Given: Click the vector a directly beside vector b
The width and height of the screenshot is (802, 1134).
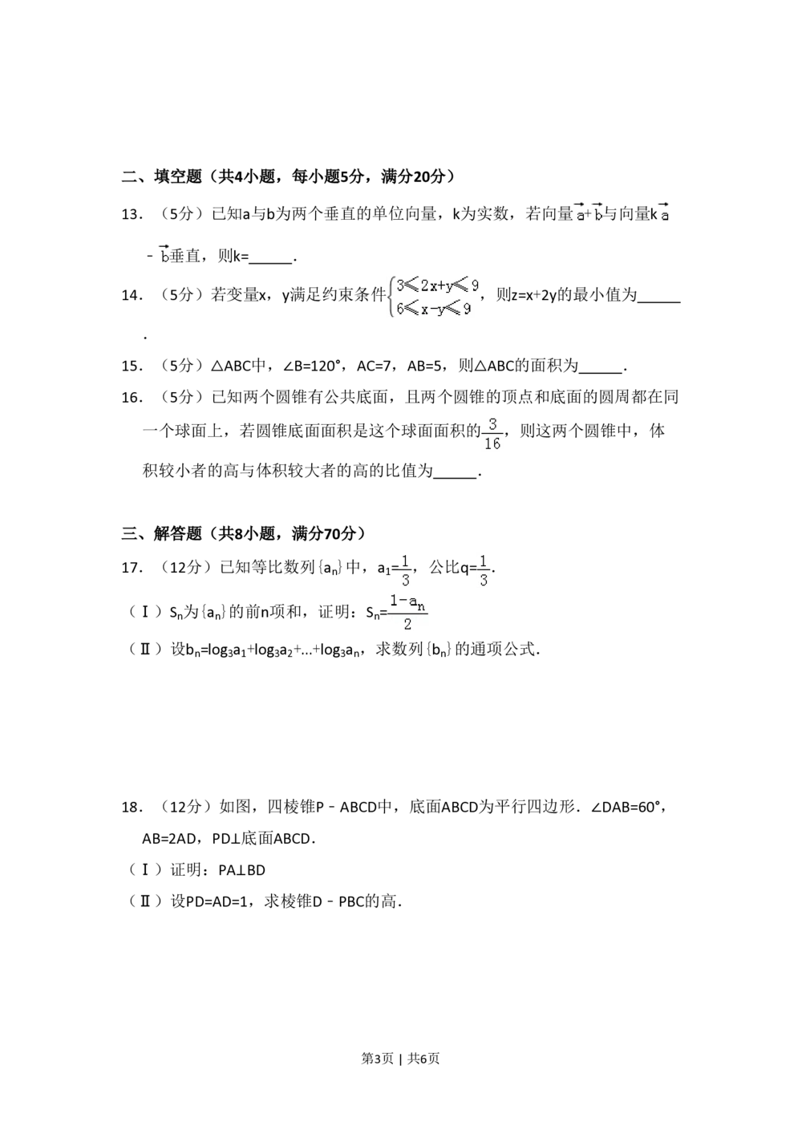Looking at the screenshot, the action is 579,214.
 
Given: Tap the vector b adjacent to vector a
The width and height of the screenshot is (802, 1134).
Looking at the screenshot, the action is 597,214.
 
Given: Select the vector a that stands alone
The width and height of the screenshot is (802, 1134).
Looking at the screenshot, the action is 665,214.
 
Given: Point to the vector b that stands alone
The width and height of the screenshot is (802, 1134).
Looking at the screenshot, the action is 164,256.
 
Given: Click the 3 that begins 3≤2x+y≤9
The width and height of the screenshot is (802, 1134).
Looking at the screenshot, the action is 400,285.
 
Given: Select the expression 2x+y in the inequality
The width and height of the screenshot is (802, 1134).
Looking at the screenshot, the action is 437,286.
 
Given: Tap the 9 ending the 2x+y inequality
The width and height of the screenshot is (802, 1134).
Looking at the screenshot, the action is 475,285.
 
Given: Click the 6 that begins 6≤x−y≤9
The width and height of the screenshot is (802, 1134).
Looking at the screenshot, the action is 400,308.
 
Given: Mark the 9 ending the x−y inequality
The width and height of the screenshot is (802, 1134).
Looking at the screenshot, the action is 467,308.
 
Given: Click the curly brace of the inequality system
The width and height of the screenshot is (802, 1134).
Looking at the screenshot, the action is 390,297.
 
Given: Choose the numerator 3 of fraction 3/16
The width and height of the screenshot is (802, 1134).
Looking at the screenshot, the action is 492,423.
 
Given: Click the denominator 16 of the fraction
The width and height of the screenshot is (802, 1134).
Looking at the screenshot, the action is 492,443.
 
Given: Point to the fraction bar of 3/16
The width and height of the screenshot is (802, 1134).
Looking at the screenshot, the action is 492,433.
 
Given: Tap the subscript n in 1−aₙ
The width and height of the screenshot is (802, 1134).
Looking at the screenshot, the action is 421,606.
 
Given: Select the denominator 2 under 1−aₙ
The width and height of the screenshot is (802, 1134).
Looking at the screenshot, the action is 407,624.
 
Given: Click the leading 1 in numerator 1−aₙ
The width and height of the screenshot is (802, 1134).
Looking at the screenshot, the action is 394,601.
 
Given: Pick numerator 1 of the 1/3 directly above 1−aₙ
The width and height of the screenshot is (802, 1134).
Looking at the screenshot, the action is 406,560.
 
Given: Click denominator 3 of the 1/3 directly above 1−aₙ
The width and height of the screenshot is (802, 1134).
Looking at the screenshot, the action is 406,580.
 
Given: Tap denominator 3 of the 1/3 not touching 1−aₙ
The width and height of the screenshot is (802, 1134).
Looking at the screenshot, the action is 484,580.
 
